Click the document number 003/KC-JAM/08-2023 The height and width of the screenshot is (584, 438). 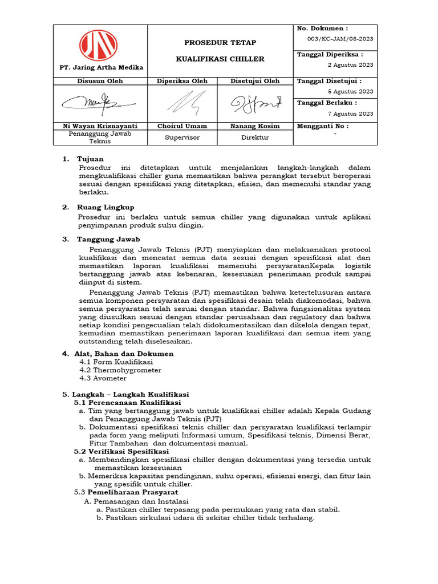point(336,38)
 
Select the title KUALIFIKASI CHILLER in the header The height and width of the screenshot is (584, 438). point(220,59)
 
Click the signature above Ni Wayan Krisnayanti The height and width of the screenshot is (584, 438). point(99,103)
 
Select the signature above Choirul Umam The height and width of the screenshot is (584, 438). point(182,104)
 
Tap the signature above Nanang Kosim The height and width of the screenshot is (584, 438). point(255,104)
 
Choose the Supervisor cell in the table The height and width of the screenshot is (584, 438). point(182,137)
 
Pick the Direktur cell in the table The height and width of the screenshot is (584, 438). point(255,137)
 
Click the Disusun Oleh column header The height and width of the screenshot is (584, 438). point(100,81)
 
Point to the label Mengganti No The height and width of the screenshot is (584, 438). point(323,125)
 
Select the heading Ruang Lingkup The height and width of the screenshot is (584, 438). point(106,207)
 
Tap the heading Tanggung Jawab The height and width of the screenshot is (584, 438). point(108,239)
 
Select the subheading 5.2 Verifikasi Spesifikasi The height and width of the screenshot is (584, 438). point(125,451)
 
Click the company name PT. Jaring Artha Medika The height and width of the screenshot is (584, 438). point(102,67)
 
